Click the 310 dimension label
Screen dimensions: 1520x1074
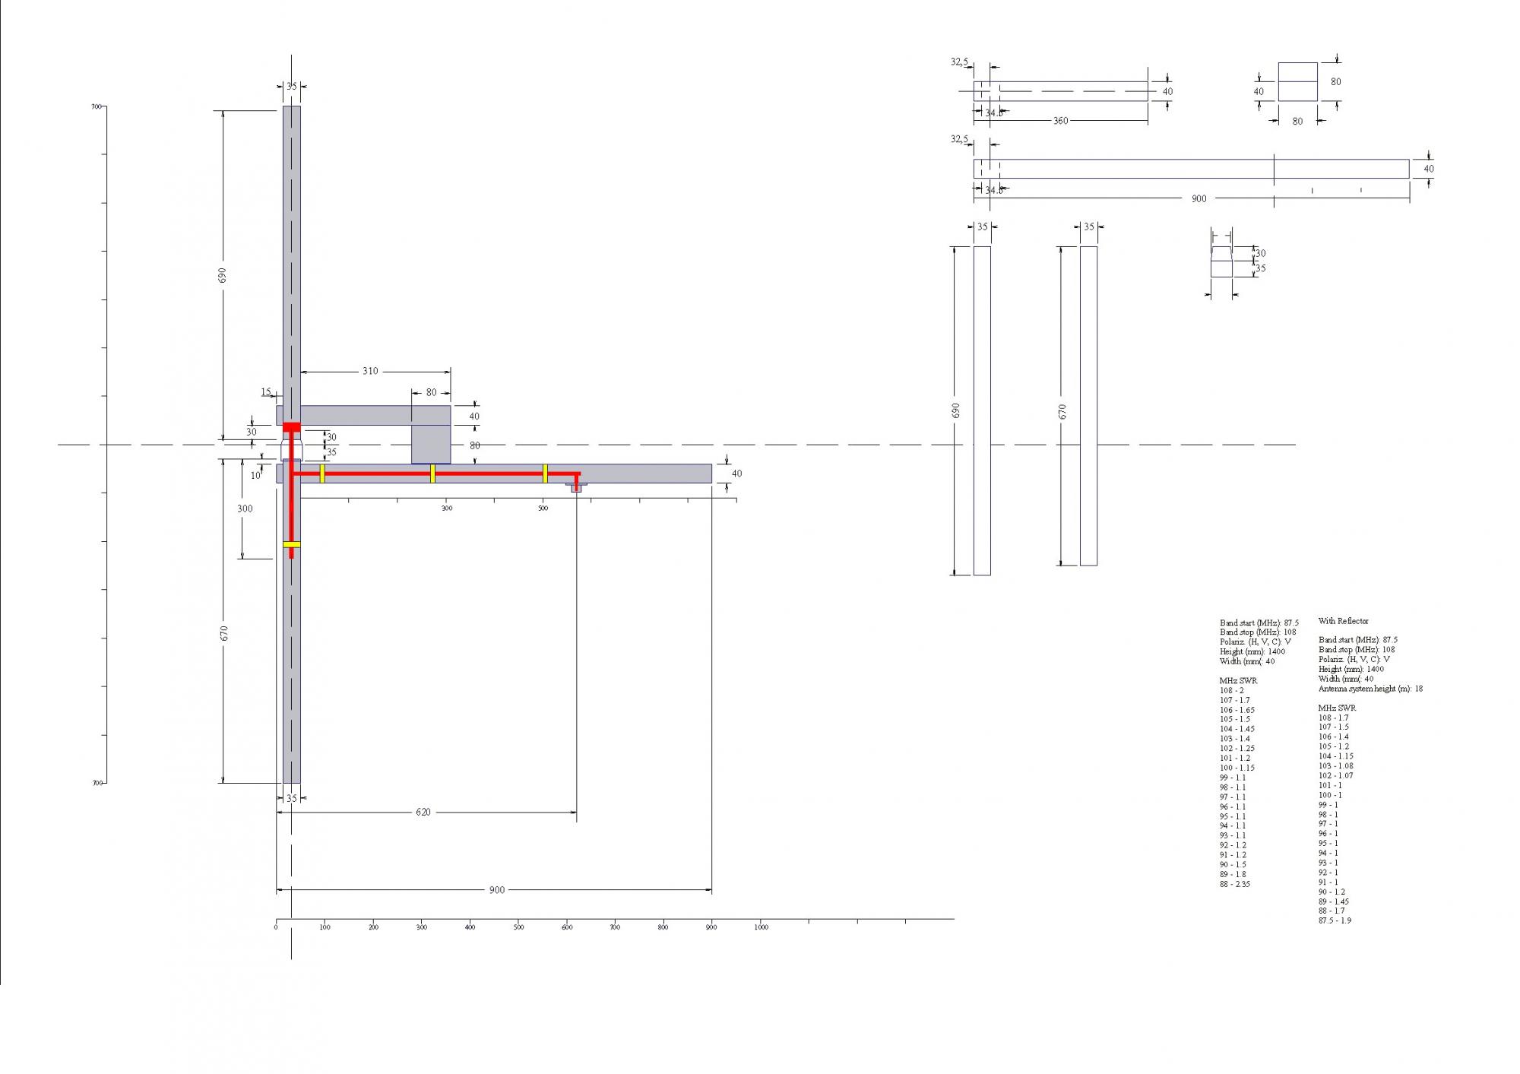pyautogui.click(x=369, y=371)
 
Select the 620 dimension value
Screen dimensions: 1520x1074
pyautogui.click(x=423, y=812)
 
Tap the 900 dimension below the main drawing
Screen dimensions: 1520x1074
pyautogui.click(x=496, y=890)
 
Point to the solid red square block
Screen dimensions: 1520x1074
pyautogui.click(x=291, y=426)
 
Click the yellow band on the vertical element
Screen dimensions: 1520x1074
pyautogui.click(x=291, y=544)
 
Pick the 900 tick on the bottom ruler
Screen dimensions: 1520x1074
pyautogui.click(x=711, y=927)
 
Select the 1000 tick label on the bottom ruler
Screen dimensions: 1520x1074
pyautogui.click(x=761, y=927)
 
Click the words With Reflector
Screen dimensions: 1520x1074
pyautogui.click(x=1343, y=621)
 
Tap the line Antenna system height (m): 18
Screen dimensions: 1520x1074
pyautogui.click(x=1370, y=689)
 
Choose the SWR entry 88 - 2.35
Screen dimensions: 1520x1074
pyautogui.click(x=1235, y=884)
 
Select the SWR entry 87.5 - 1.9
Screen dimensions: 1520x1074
pyautogui.click(x=1335, y=920)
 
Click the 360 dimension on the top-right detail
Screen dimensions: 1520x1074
pyautogui.click(x=1060, y=121)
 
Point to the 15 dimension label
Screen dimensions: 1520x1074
pyautogui.click(x=266, y=392)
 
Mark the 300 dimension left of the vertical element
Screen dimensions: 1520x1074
pyautogui.click(x=245, y=508)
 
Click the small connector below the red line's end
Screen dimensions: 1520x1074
pyautogui.click(x=576, y=487)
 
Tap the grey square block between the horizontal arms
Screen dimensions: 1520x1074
pyautogui.click(x=431, y=444)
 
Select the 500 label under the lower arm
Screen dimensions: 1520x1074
pyautogui.click(x=543, y=508)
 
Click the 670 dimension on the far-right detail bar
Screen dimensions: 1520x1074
pyautogui.click(x=1062, y=411)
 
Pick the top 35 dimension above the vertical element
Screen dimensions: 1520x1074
pyautogui.click(x=291, y=87)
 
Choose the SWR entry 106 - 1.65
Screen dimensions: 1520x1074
pyautogui.click(x=1237, y=710)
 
